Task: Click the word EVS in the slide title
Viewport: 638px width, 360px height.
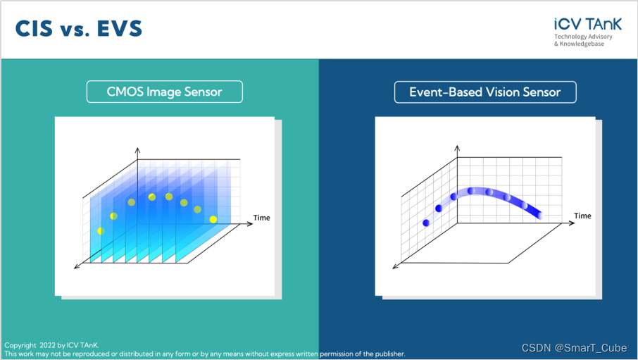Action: click(120, 28)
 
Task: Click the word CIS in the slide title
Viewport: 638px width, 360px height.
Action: click(35, 28)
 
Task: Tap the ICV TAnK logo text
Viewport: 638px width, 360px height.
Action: click(587, 24)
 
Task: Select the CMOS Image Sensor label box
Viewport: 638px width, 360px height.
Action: click(164, 92)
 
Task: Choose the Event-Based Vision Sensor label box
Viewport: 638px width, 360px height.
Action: click(485, 92)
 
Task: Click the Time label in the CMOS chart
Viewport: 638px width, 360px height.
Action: click(262, 218)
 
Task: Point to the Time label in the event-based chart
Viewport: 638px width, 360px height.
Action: click(582, 216)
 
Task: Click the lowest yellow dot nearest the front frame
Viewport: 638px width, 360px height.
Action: click(101, 231)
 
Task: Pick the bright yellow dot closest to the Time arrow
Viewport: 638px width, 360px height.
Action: click(213, 220)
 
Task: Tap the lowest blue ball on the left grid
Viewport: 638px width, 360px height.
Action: click(426, 223)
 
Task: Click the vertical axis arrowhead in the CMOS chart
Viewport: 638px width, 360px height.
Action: click(137, 150)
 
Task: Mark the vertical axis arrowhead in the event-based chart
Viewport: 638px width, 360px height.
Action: click(457, 148)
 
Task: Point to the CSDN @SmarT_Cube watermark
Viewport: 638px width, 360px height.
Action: click(574, 348)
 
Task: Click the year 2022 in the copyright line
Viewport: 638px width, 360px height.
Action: click(47, 345)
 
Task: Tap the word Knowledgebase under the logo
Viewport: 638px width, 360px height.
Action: click(582, 44)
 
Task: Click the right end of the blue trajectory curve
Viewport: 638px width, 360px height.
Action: click(540, 215)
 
